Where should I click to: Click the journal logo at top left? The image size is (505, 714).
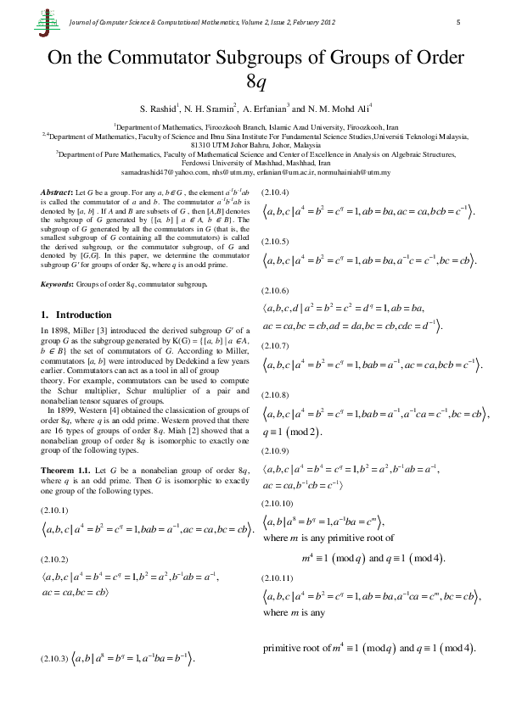pos(43,25)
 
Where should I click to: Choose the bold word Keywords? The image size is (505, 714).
pos(59,285)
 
